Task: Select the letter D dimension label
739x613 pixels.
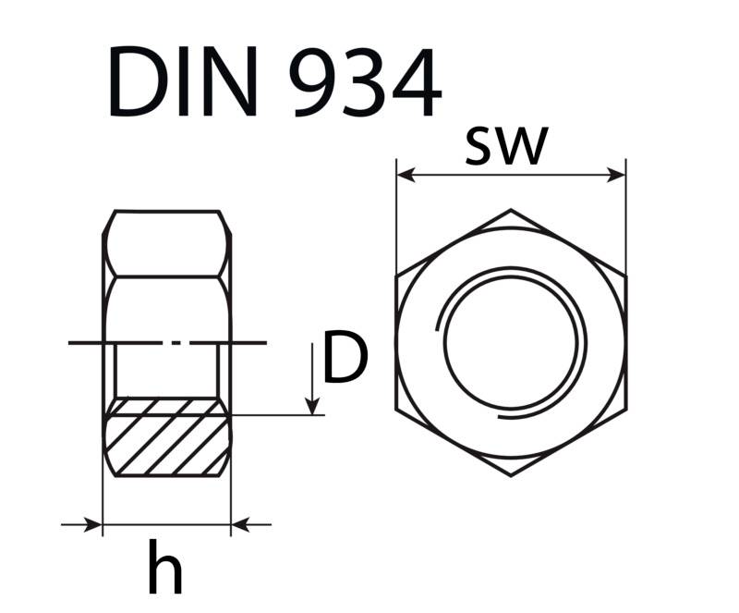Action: [346, 361]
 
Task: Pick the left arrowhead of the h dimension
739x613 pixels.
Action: [93, 525]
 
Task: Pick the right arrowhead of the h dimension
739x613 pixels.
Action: [239, 525]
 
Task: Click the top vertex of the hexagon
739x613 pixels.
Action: [511, 211]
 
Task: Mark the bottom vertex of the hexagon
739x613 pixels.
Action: [511, 476]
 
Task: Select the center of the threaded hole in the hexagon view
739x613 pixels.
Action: [514, 344]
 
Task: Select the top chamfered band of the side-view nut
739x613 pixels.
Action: [166, 243]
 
